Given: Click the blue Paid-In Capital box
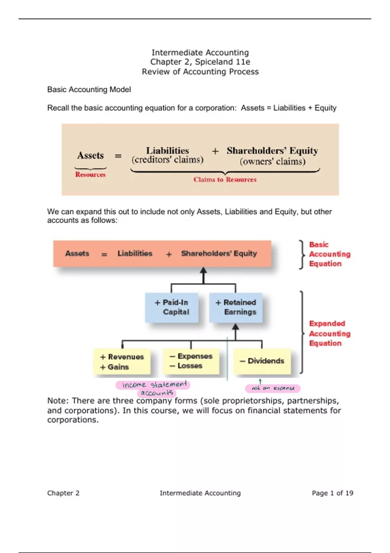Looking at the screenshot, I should pos(172,307).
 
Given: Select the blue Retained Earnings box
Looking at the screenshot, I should pos(236,307).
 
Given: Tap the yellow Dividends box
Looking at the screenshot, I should pos(262,361).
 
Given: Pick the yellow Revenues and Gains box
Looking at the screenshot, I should pos(122,362).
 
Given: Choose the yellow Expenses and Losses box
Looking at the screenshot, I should pos(191,361).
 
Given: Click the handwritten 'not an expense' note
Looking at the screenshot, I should pos(273,388).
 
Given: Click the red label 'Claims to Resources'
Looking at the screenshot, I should pos(225,180).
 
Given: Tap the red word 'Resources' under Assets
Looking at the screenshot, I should pos(90,175).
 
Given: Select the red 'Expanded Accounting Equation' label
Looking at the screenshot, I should pos(329,333).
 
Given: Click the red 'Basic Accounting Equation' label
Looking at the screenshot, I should pos(329,254).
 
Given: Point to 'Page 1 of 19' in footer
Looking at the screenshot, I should pos(332,493).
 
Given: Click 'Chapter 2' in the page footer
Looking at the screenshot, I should pos(63,493).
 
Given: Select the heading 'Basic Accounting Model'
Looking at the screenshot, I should pos(89,89).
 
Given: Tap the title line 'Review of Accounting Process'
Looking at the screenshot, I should pos(200,72).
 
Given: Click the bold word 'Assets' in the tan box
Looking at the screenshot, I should pos(90,155).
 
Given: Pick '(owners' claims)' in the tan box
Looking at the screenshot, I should pos(272,162).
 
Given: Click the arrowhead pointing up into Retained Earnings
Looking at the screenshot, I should pos(236,327).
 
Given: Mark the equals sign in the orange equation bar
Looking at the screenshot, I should pos(104,254).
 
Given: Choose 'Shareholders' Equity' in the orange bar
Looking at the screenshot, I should pos(219,253).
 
